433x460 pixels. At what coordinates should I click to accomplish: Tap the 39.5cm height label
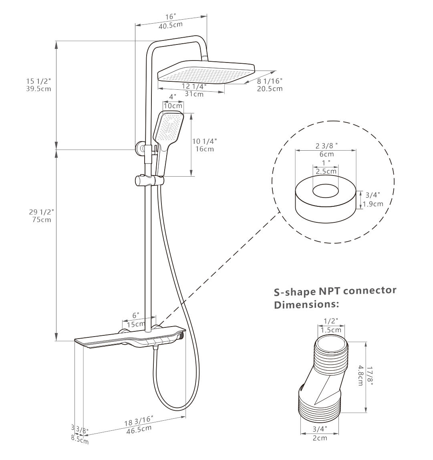point(38,89)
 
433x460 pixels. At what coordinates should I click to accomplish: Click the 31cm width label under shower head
point(193,94)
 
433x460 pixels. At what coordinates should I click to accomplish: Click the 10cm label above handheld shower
point(173,105)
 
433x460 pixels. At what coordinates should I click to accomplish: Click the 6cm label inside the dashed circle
point(326,154)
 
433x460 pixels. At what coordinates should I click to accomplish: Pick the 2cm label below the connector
point(319,438)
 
